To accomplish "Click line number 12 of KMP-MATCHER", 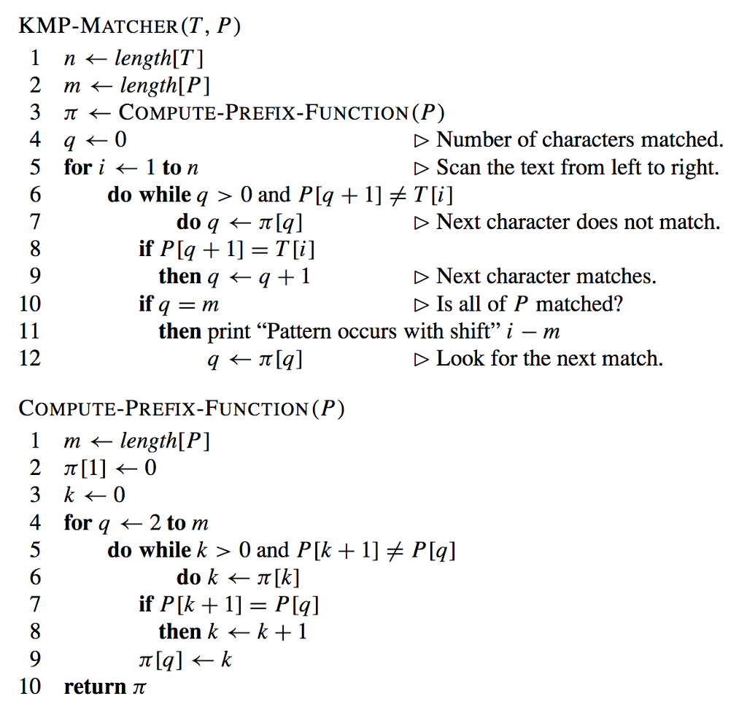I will [x=30, y=359].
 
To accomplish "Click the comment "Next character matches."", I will [x=546, y=277].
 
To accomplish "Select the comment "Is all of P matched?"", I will [x=530, y=304].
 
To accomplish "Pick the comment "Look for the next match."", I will [x=549, y=359].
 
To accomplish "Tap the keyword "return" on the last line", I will [x=95, y=687].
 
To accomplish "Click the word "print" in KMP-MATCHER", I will [x=228, y=332].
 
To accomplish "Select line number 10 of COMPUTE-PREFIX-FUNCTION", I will [x=30, y=687].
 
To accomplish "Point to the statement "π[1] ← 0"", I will [x=109, y=468].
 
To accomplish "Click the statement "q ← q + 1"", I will [x=259, y=277].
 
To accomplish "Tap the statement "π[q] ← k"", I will [x=185, y=660].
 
